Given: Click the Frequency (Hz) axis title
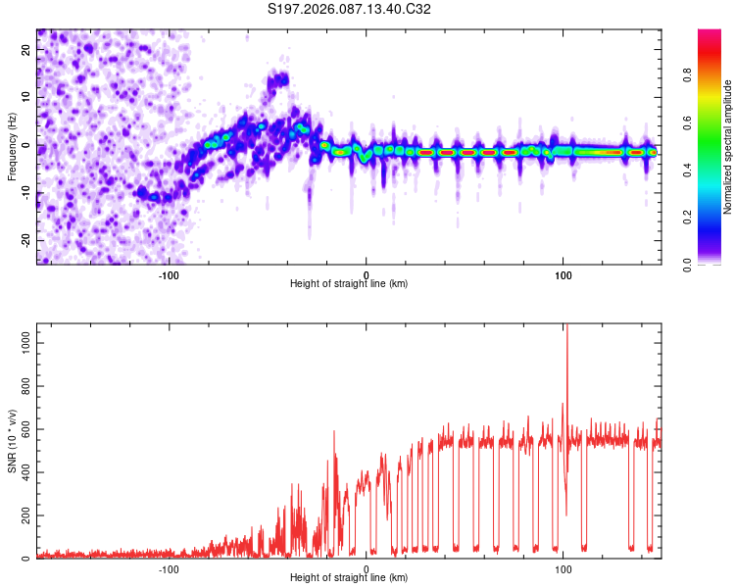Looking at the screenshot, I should pyautogui.click(x=12, y=146).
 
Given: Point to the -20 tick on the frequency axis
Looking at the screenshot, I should pyautogui.click(x=24, y=240).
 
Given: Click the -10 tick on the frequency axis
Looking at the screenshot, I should pyautogui.click(x=24, y=193).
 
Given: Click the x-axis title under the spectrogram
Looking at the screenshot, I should pyautogui.click(x=349, y=284).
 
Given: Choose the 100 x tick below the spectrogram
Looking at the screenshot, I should pyautogui.click(x=563, y=274).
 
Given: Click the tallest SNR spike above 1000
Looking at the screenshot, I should pyautogui.click(x=565, y=328).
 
